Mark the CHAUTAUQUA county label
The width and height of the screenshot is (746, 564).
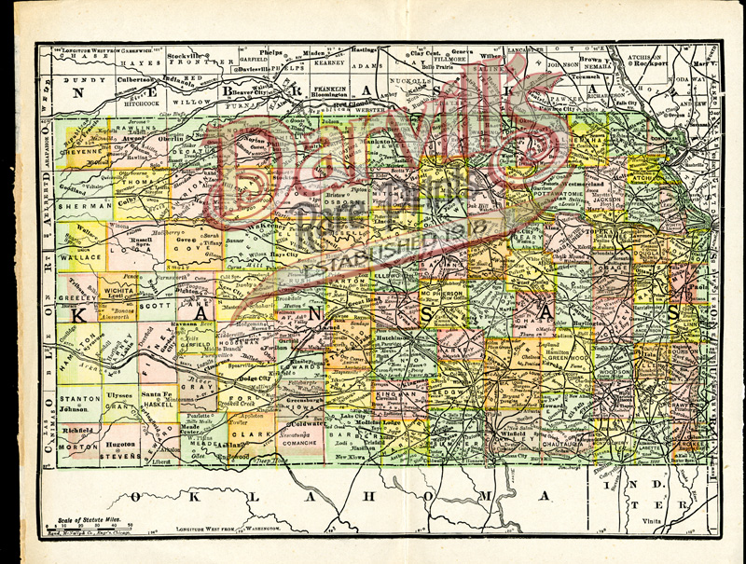pyautogui.click(x=560, y=445)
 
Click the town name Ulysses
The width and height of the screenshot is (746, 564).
pyautogui.click(x=121, y=395)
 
